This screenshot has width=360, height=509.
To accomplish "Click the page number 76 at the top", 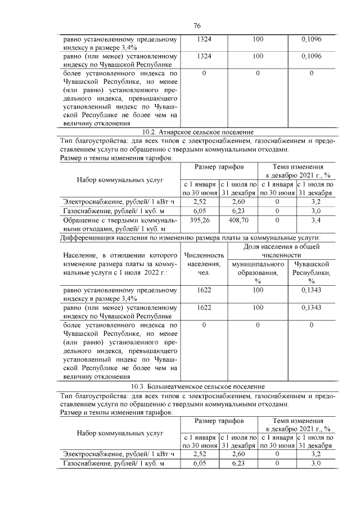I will coord(197,26).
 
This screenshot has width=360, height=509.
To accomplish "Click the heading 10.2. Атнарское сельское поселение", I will coord(197,132).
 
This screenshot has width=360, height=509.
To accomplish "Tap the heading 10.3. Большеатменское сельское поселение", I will coord(197,387).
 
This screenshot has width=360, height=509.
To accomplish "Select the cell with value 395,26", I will coord(200,220).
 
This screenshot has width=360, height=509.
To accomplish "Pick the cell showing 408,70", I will coord(238,220).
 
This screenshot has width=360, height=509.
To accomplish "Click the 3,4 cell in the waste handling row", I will coord(316,220).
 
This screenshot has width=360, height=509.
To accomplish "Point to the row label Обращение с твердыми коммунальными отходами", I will coord(119,224).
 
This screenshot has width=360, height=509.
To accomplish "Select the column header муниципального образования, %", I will coord(258,272).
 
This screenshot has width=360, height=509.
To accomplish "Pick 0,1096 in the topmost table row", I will coord(311,39).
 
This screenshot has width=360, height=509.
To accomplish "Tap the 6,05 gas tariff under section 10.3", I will coord(200,463).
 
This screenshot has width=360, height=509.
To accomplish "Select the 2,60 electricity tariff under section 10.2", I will coord(238,201).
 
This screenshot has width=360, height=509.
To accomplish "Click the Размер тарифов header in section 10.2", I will coord(219,168).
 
